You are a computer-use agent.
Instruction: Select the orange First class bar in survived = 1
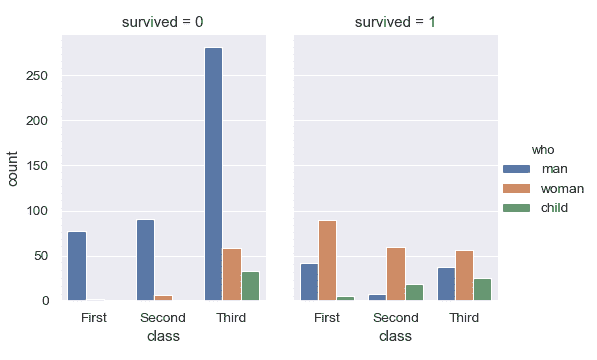point(326,260)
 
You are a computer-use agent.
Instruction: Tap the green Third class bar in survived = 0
point(250,286)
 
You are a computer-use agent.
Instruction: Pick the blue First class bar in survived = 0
point(77,266)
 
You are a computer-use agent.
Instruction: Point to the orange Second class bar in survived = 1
point(395,274)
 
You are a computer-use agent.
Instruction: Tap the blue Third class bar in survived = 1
point(445,284)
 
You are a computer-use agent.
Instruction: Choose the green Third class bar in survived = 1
point(482,289)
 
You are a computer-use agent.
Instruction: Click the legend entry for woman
point(562,188)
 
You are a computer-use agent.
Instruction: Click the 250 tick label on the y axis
point(40,76)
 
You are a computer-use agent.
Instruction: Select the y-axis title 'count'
point(13,167)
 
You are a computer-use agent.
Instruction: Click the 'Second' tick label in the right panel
point(395,318)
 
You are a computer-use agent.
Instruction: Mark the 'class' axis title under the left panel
point(163,337)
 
